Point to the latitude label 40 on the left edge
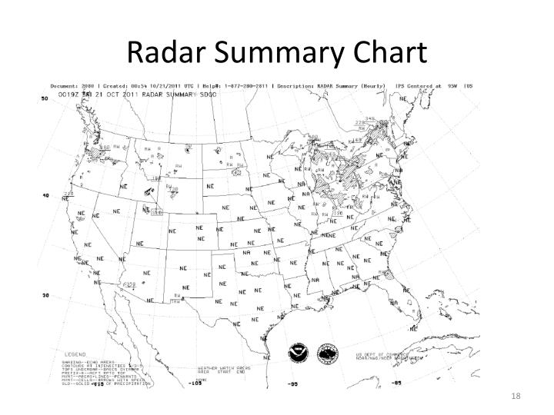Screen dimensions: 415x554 pos(45,195)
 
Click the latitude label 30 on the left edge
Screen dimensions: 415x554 pos(45,295)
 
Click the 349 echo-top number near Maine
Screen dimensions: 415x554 pos(370,119)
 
